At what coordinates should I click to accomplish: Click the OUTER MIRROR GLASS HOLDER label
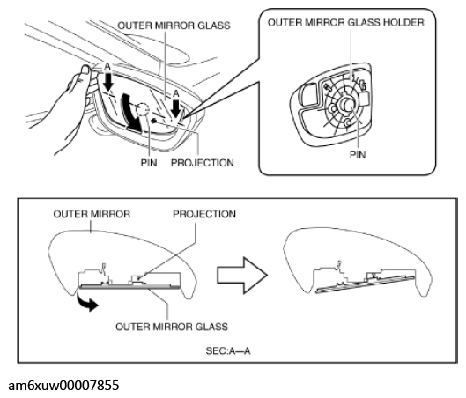pyautogui.click(x=346, y=23)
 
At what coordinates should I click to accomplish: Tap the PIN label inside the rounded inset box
pyautogui.click(x=358, y=155)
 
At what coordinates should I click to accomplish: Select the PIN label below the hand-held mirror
pyautogui.click(x=149, y=163)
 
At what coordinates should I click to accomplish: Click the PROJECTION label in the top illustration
pyautogui.click(x=203, y=163)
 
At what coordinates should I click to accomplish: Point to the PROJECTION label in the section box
pyautogui.click(x=204, y=214)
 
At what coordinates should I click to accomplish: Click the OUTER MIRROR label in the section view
pyautogui.click(x=92, y=214)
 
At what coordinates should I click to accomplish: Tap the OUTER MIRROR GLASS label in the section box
pyautogui.click(x=172, y=327)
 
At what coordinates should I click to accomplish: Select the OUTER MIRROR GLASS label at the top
pyautogui.click(x=174, y=26)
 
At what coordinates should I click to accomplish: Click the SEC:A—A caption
pyautogui.click(x=228, y=351)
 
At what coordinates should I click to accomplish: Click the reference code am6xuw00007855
pyautogui.click(x=63, y=386)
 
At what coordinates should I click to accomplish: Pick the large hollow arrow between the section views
pyautogui.click(x=242, y=276)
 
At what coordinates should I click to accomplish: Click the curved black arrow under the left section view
pyautogui.click(x=87, y=302)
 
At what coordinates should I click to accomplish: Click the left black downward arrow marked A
pyautogui.click(x=108, y=81)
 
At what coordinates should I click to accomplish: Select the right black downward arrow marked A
pyautogui.click(x=176, y=108)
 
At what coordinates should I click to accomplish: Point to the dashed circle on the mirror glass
pyautogui.click(x=143, y=109)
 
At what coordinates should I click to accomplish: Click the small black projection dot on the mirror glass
pyautogui.click(x=154, y=121)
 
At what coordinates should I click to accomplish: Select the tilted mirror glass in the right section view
pyautogui.click(x=365, y=284)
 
